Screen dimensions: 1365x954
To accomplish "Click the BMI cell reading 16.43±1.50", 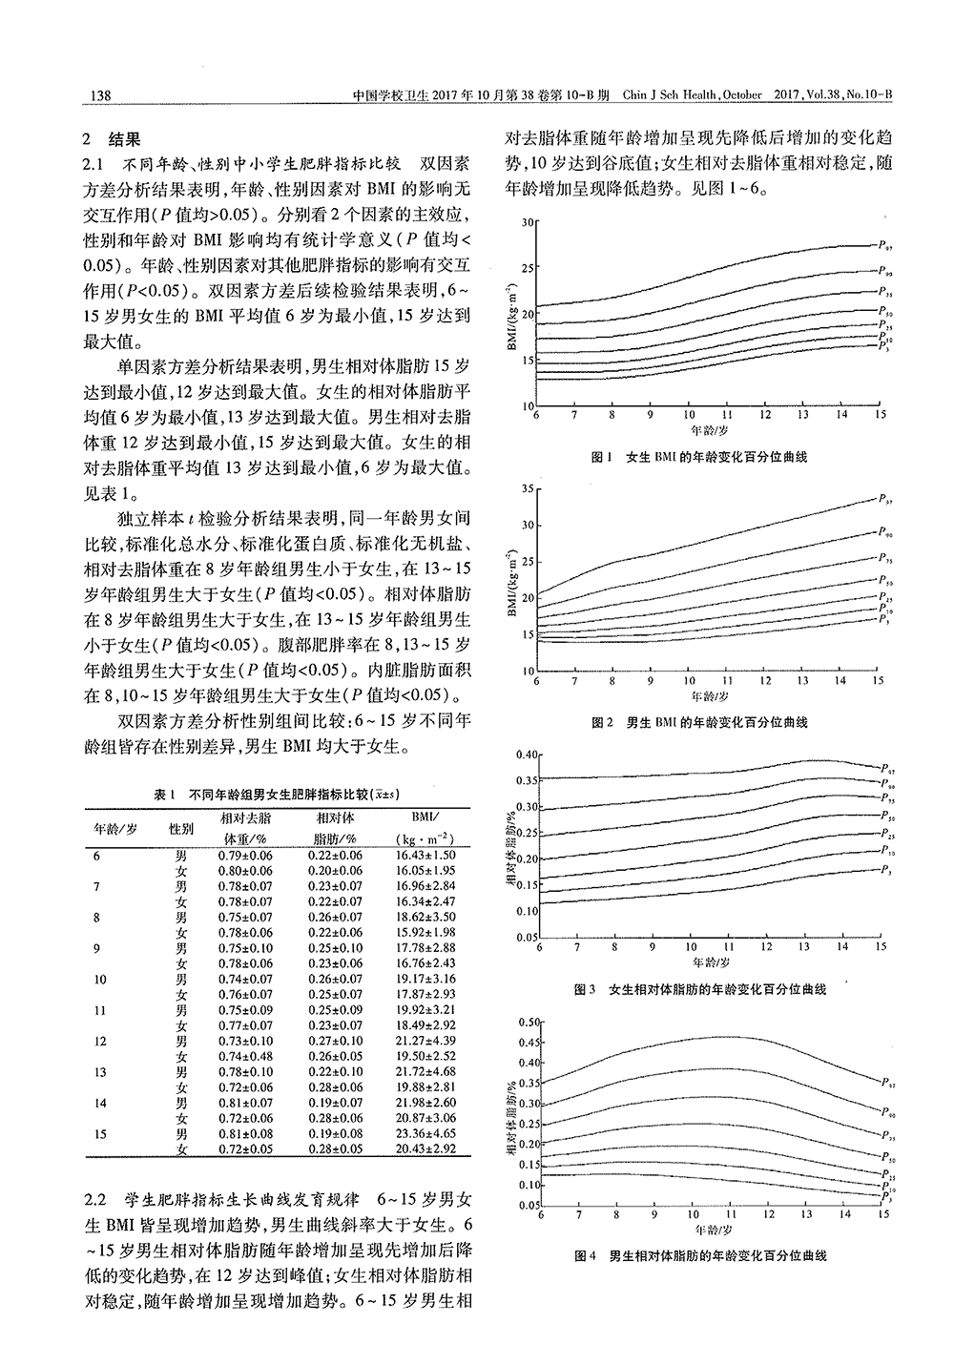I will (x=425, y=856).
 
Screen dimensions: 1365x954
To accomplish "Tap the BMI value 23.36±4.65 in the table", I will (x=425, y=1134).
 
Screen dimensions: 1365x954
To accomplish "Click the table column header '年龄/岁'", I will (x=115, y=828).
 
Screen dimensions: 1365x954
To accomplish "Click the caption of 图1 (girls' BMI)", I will (x=699, y=457).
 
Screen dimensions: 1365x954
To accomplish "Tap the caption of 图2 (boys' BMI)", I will (x=699, y=723).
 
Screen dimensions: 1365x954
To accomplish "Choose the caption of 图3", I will (x=699, y=989).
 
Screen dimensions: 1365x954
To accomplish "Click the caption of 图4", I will (x=699, y=1255).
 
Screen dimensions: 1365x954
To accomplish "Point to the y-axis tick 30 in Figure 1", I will (x=525, y=222).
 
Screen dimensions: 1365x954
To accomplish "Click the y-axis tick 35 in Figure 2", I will (x=525, y=488).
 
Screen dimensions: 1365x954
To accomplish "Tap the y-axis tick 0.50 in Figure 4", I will (x=527, y=1022).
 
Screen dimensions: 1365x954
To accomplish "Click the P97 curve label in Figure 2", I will (x=885, y=498).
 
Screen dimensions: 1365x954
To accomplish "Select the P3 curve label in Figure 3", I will (x=885, y=870).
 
